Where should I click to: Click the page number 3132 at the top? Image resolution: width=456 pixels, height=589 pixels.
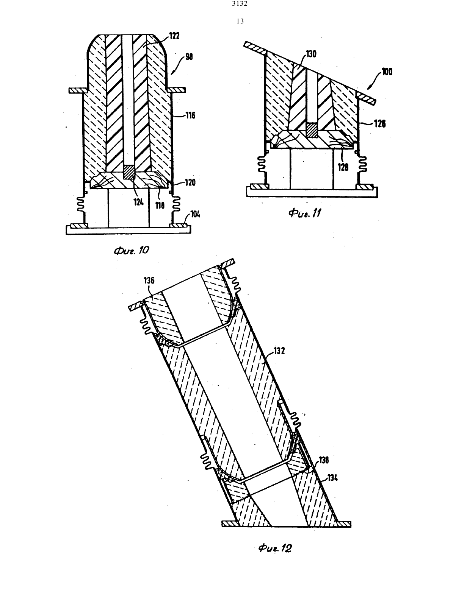click(x=240, y=4)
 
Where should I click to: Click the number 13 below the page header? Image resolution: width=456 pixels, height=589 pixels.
click(x=240, y=21)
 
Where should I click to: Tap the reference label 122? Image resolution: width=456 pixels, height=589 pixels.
click(x=174, y=36)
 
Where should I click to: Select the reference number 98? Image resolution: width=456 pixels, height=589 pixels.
click(x=189, y=57)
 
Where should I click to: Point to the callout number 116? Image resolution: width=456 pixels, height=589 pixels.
click(x=191, y=115)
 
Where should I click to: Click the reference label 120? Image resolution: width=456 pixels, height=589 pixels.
click(x=190, y=182)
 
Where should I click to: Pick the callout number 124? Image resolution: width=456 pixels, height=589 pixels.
click(x=138, y=202)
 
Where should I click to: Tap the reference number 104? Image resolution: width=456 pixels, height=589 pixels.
click(x=195, y=214)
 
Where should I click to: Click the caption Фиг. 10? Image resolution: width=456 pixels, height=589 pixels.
click(x=132, y=251)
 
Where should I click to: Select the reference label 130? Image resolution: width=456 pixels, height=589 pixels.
click(x=311, y=54)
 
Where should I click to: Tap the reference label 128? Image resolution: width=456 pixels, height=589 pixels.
click(x=343, y=167)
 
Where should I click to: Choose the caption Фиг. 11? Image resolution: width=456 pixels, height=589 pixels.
click(x=304, y=213)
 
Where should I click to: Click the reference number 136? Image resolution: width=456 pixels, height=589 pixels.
click(x=149, y=280)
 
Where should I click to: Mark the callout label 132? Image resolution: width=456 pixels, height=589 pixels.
click(x=279, y=351)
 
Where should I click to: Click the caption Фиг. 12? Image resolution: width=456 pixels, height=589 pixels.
click(x=275, y=548)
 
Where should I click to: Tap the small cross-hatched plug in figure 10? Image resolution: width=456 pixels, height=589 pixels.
click(x=128, y=172)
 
